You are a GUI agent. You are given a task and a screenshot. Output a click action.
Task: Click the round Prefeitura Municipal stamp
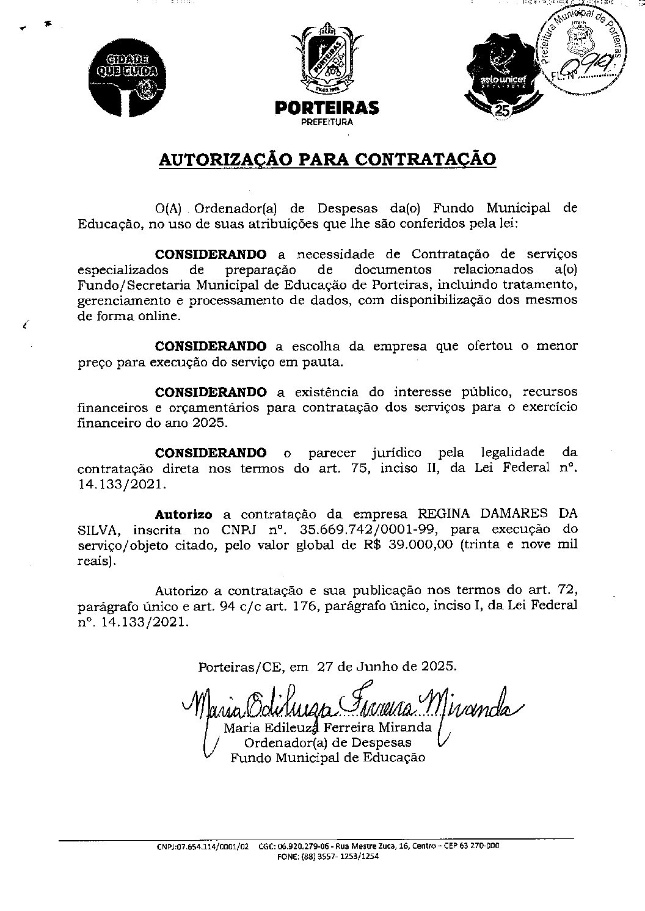pyautogui.click(x=581, y=51)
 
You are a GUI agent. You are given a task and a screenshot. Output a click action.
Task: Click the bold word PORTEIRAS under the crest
pyautogui.click(x=327, y=109)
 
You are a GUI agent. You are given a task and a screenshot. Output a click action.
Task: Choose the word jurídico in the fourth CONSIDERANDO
pyautogui.click(x=396, y=452)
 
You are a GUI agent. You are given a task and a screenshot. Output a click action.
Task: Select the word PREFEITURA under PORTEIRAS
pyautogui.click(x=327, y=122)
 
